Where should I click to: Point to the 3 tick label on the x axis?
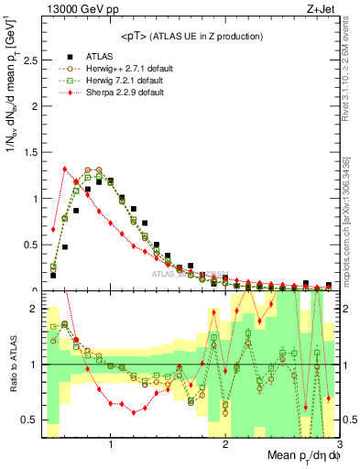pos(339,443)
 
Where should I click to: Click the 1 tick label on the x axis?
pos(111,443)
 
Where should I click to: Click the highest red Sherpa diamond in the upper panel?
pos(65,169)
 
